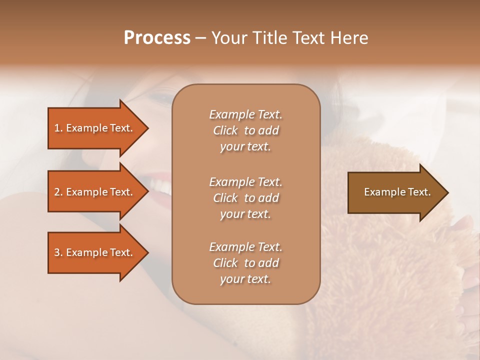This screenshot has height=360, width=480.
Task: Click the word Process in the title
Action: [157, 38]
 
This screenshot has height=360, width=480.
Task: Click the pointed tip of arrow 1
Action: [146, 128]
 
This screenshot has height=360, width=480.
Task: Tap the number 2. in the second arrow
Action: [58, 192]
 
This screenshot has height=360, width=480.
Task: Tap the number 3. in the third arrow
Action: [58, 252]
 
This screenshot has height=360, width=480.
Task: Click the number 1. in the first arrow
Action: [58, 128]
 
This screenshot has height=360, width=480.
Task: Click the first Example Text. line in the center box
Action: [245, 114]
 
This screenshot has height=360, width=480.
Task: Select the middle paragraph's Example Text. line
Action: [245, 182]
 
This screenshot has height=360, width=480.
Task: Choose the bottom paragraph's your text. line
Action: [245, 279]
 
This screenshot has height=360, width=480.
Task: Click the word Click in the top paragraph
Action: [225, 131]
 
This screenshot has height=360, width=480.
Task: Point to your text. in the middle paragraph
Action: [245, 214]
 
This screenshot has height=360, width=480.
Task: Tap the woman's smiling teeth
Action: [161, 185]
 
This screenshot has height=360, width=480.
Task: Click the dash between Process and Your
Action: [201, 38]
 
